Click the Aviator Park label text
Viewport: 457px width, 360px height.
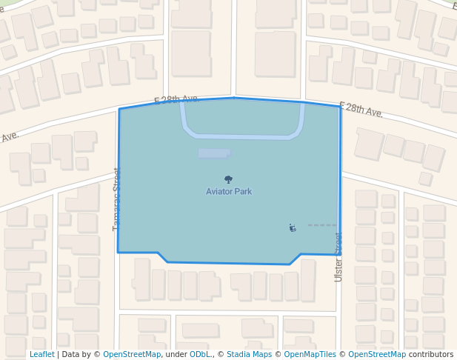[x=229, y=192]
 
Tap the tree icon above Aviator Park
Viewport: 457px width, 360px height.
[x=228, y=179]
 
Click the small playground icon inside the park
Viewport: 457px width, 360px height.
[x=293, y=228]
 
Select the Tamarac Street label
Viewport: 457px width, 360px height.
[x=116, y=199]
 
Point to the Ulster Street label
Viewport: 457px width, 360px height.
[x=338, y=257]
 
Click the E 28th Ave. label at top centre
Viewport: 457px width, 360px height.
[x=177, y=99]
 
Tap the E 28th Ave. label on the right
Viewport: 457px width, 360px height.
[x=361, y=110]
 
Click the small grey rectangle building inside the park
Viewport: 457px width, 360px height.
[x=213, y=153]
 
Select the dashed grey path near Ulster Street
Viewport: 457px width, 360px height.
[x=322, y=225]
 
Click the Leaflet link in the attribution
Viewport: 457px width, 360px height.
[x=42, y=354]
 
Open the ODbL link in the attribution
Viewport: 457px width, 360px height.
[x=200, y=354]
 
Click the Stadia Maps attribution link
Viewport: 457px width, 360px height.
[x=249, y=354]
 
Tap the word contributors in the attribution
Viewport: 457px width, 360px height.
[x=431, y=354]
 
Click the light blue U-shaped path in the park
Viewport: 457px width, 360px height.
[x=242, y=136]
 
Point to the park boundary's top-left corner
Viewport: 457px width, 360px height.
[x=119, y=110]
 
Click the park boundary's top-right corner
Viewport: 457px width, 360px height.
[x=341, y=107]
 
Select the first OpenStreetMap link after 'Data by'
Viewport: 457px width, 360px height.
[x=132, y=354]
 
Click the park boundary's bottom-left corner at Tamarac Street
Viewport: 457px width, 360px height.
[x=118, y=252]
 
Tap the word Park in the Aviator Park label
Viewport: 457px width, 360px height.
[x=243, y=192]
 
